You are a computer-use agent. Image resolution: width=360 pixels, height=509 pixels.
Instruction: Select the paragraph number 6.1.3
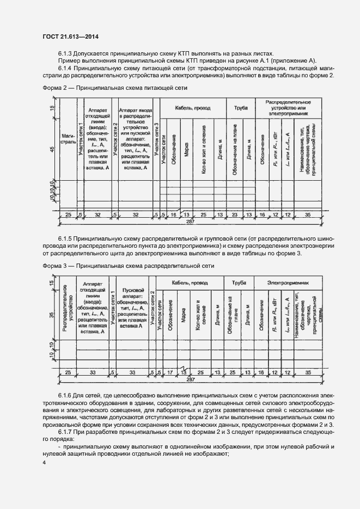click(66, 53)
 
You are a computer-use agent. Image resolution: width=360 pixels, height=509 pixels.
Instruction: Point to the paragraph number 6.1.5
click(66, 239)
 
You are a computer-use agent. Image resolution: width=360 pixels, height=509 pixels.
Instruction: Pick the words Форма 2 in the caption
click(55, 88)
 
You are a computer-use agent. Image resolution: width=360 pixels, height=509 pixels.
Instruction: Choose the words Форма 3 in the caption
click(55, 265)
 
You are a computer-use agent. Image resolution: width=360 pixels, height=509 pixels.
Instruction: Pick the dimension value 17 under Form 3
click(169, 373)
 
